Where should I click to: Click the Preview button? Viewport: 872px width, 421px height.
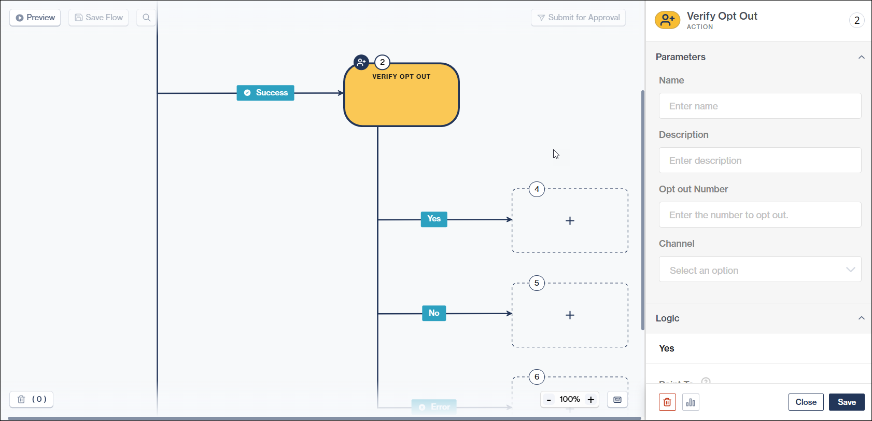click(35, 18)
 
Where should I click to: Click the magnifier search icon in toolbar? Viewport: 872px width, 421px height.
click(147, 18)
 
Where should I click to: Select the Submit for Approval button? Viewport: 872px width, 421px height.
click(578, 18)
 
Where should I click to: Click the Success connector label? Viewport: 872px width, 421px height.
click(265, 93)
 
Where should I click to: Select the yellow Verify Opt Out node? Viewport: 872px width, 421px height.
click(401, 99)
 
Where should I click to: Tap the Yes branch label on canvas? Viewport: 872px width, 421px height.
click(434, 219)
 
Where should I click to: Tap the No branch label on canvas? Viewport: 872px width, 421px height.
click(434, 313)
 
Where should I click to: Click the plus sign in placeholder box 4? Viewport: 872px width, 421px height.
click(570, 221)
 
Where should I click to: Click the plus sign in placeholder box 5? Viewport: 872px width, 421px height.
click(570, 315)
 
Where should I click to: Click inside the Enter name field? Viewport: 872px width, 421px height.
click(760, 106)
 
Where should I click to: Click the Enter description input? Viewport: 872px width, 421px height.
click(760, 161)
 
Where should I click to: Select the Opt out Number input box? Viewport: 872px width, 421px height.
click(760, 215)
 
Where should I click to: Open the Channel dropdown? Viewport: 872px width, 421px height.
click(760, 270)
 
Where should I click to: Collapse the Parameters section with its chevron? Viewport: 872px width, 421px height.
click(861, 57)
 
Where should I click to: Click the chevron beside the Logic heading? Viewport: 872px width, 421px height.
click(861, 318)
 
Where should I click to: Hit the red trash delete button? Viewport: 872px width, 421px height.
click(667, 402)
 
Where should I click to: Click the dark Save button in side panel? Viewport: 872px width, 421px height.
click(846, 402)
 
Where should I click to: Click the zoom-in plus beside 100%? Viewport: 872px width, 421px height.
click(590, 399)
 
